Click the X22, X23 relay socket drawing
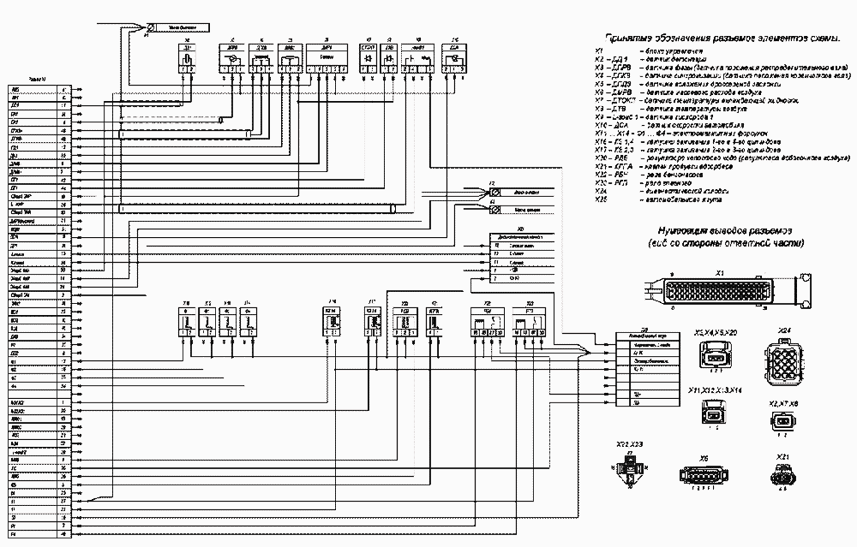coord(630,471)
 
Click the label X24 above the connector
coord(783,330)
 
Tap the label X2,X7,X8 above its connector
coord(783,402)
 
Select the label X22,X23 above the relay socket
coord(630,446)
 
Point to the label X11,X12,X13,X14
coord(713,390)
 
